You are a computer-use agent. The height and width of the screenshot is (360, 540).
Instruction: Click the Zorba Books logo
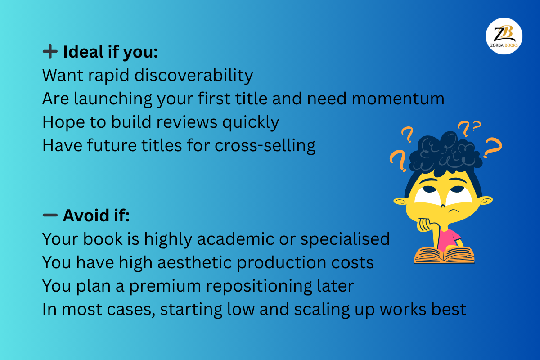tap(504, 36)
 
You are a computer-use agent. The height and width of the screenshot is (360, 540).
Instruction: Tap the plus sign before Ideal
tap(50, 51)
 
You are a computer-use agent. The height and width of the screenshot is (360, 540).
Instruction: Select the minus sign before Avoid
tap(50, 215)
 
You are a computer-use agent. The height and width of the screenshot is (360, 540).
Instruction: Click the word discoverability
tap(193, 75)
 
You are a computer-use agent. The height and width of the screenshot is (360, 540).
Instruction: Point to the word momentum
tap(398, 99)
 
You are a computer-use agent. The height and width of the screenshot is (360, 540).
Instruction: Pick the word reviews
tap(187, 122)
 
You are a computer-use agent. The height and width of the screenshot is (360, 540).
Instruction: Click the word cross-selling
tap(265, 145)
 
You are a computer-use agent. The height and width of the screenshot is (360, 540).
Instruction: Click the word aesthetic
tap(195, 262)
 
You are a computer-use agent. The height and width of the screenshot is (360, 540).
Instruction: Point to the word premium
tap(165, 286)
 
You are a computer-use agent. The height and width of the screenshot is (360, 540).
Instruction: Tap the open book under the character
tap(444, 255)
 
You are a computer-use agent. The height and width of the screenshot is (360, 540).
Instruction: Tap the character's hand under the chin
tap(428, 225)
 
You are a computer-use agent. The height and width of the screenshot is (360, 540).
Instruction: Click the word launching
tap(113, 99)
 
